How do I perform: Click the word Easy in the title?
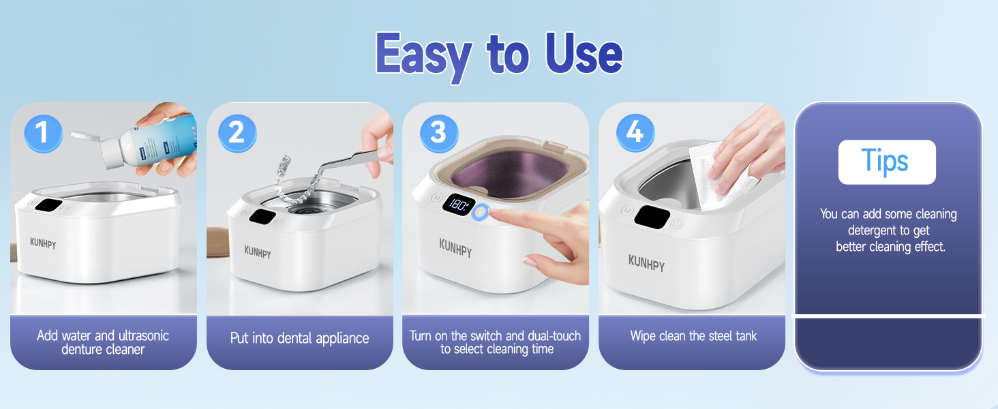(424, 55)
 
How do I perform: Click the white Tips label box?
(886, 162)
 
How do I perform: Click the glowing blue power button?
(481, 212)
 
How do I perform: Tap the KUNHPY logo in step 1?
(43, 243)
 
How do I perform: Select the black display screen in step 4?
(652, 216)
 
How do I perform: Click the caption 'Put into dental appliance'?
(299, 338)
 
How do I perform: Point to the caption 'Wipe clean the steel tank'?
(693, 335)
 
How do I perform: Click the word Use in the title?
(584, 55)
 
